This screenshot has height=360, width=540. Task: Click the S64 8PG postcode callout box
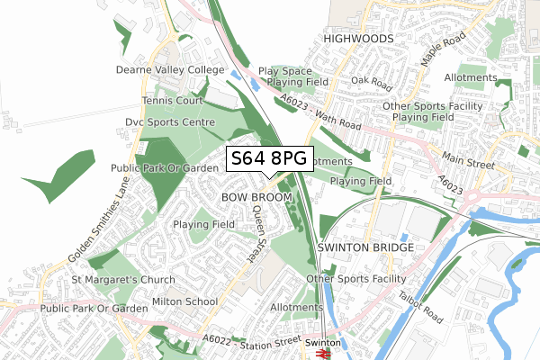(x=269, y=159)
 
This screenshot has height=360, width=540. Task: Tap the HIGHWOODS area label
(x=358, y=40)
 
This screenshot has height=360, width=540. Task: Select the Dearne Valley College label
(x=168, y=69)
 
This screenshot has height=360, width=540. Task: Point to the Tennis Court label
(x=174, y=102)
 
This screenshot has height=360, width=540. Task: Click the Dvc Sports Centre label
(x=169, y=122)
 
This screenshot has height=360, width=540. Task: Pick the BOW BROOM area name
(x=256, y=196)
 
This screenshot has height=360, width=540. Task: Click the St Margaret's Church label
(x=126, y=281)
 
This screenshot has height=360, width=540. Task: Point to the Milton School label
(x=184, y=301)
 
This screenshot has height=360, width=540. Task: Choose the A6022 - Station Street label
(x=251, y=339)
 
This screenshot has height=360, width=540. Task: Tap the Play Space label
(x=284, y=71)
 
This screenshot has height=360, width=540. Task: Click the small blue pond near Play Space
(x=237, y=76)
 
